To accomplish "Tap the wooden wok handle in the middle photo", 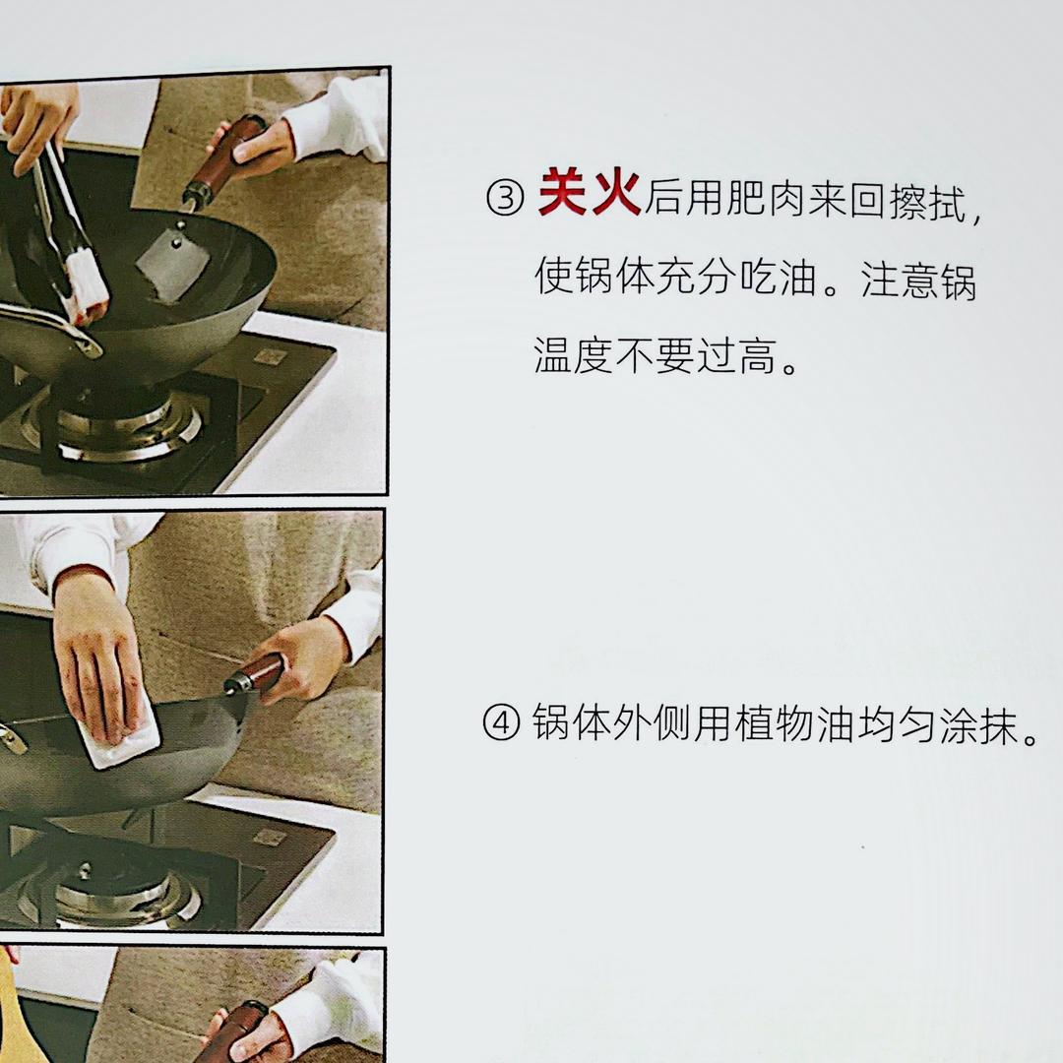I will (256, 674).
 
